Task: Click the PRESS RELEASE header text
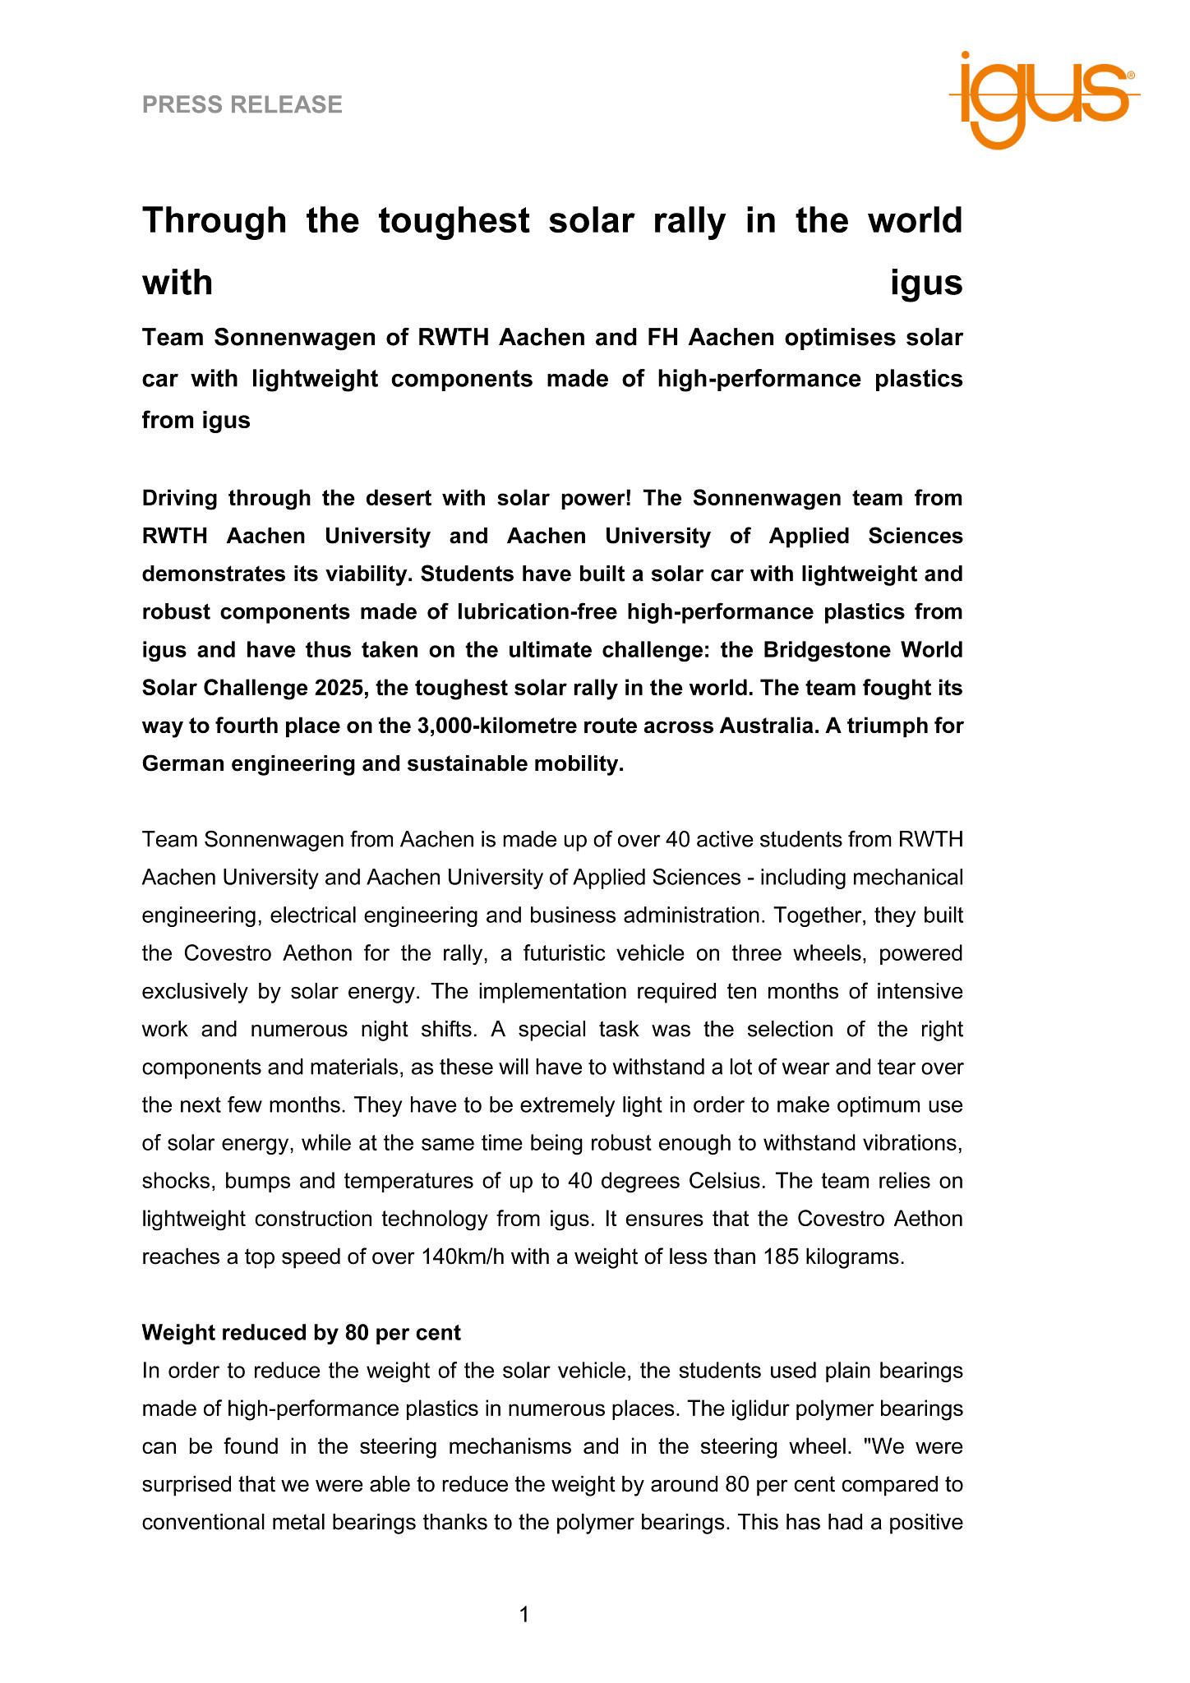pos(242,104)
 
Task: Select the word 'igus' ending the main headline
pos(926,284)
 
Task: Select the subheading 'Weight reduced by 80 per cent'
pos(301,1332)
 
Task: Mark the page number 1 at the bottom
pos(524,1615)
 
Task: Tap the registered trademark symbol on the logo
pos(1131,75)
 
